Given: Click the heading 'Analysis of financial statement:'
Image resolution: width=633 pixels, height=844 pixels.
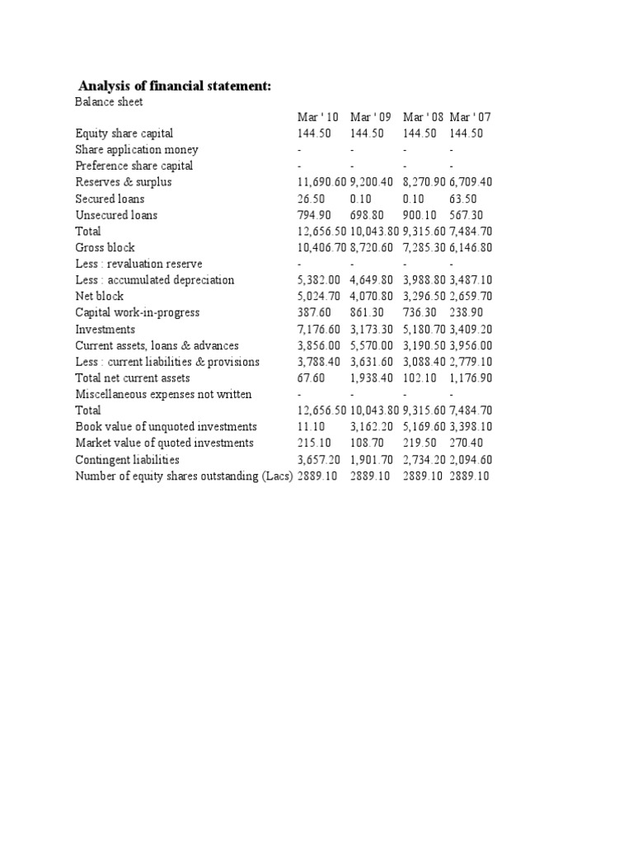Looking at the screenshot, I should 174,86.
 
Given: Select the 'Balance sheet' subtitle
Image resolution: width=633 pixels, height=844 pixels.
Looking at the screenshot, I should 109,101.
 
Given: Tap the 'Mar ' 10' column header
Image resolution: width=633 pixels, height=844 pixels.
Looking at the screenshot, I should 318,117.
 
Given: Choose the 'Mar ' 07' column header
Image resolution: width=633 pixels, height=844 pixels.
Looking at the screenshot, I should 471,117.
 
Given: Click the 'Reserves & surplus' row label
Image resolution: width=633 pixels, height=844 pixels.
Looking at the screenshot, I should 124,182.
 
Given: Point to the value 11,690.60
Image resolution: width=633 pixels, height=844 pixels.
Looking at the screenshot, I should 322,182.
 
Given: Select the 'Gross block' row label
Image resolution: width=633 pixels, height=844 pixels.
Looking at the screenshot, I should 105,247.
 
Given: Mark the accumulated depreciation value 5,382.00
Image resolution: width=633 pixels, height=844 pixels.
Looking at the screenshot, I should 319,280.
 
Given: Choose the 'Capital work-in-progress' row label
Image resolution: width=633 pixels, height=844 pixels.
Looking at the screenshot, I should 138,312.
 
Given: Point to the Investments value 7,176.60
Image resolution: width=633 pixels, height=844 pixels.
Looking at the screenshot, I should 319,329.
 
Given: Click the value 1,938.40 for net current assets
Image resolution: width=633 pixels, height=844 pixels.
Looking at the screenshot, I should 373,377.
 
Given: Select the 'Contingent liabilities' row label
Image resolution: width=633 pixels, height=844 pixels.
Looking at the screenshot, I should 127,459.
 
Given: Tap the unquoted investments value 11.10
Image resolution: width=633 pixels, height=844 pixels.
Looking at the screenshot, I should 311,426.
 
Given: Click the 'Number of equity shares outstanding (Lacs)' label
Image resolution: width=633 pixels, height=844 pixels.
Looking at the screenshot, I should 184,476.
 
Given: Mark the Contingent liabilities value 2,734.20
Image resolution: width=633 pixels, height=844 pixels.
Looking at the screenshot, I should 424,459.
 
